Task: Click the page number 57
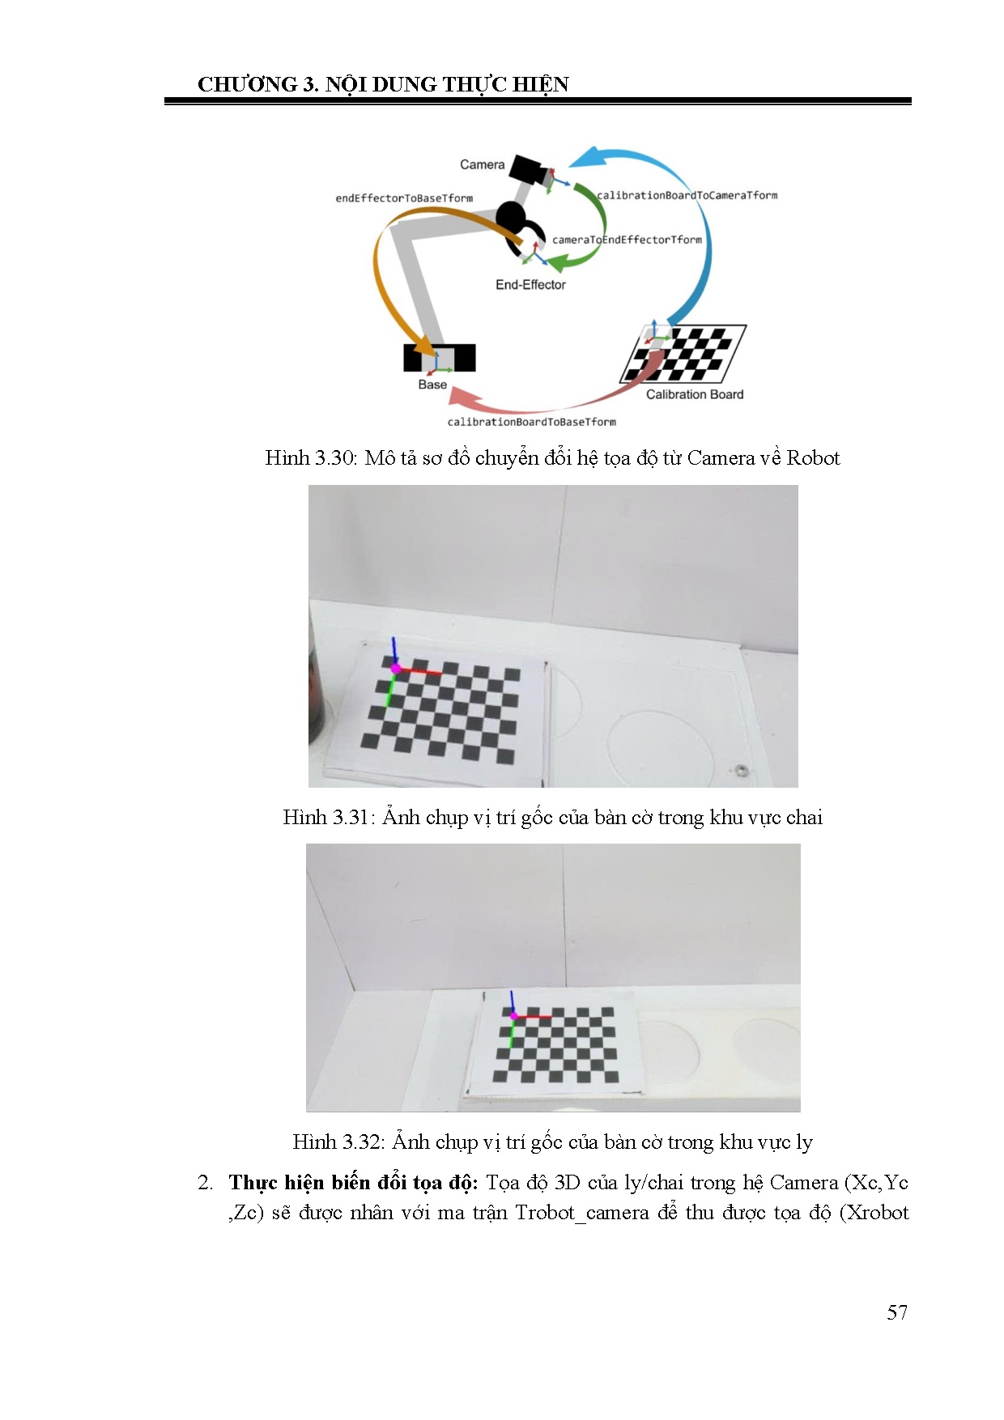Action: point(897,1312)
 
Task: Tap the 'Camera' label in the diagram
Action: point(482,165)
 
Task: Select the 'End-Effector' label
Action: point(530,285)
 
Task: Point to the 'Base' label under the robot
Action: point(432,385)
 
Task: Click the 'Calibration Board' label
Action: point(695,394)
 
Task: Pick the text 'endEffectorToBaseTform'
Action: point(404,198)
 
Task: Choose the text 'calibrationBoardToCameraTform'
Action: point(687,195)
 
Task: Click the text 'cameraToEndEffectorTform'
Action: point(627,240)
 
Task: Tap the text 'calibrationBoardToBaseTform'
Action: point(532,422)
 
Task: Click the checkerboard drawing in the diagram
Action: point(683,353)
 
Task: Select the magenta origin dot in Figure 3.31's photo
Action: point(396,669)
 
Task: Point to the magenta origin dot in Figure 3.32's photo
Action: point(513,1015)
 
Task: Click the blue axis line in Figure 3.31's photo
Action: point(394,651)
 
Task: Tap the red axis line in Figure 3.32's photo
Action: point(534,1016)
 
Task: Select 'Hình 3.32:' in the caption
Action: point(338,1142)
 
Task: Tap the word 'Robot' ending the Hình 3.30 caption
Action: point(813,458)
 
